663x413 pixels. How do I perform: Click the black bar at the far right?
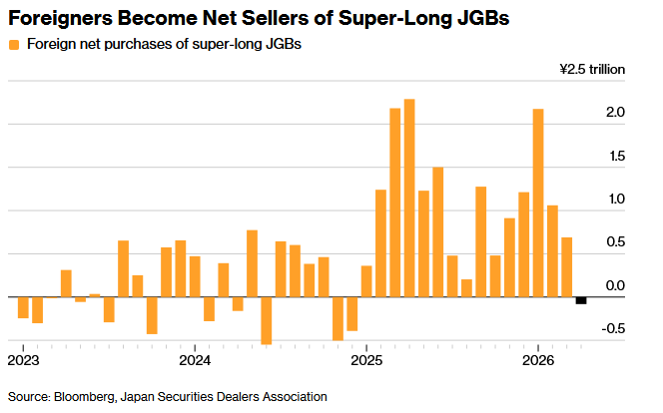[x=581, y=300]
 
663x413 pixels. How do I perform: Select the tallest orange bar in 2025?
[x=409, y=199]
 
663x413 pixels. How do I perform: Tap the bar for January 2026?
[x=538, y=204]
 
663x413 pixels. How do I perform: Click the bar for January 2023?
[x=23, y=307]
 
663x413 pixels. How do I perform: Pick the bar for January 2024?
[x=195, y=276]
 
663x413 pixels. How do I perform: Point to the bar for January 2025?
[x=366, y=281]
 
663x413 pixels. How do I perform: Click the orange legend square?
[x=14, y=45]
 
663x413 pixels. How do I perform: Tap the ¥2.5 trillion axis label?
[x=592, y=69]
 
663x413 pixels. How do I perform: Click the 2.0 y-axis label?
[x=615, y=113]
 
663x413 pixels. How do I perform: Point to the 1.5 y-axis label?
[x=617, y=157]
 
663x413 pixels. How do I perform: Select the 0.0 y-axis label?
[x=615, y=286]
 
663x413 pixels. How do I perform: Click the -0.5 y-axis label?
[x=613, y=328]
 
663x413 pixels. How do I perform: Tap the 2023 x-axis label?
[x=23, y=361]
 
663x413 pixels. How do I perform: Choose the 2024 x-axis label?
[x=195, y=361]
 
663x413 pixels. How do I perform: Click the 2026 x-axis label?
[x=538, y=361]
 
